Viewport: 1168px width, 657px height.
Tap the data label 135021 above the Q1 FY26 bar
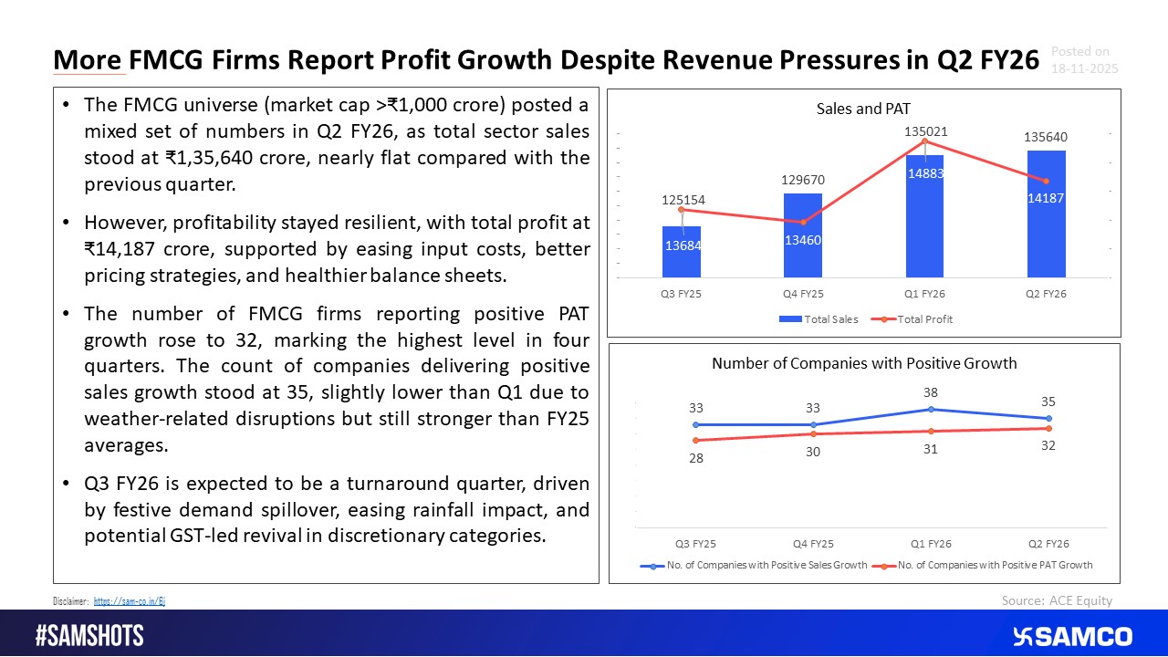[924, 132]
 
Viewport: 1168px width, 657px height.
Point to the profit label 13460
[803, 240]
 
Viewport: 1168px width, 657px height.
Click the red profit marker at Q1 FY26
[925, 141]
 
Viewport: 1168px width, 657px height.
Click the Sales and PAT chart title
[863, 109]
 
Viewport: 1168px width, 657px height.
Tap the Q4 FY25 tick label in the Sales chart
[803, 295]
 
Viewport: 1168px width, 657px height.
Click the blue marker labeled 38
[931, 409]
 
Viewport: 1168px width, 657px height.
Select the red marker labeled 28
[695, 441]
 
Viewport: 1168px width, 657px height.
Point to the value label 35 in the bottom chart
[1048, 401]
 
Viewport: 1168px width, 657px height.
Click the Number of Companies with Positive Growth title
[863, 363]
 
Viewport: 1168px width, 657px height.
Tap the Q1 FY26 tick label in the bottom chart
[931, 544]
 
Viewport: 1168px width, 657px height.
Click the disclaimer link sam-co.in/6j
[129, 601]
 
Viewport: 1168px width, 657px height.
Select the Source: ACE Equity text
[1057, 600]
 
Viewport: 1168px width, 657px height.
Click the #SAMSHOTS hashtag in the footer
[89, 636]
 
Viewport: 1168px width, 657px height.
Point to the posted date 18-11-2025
[1084, 69]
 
